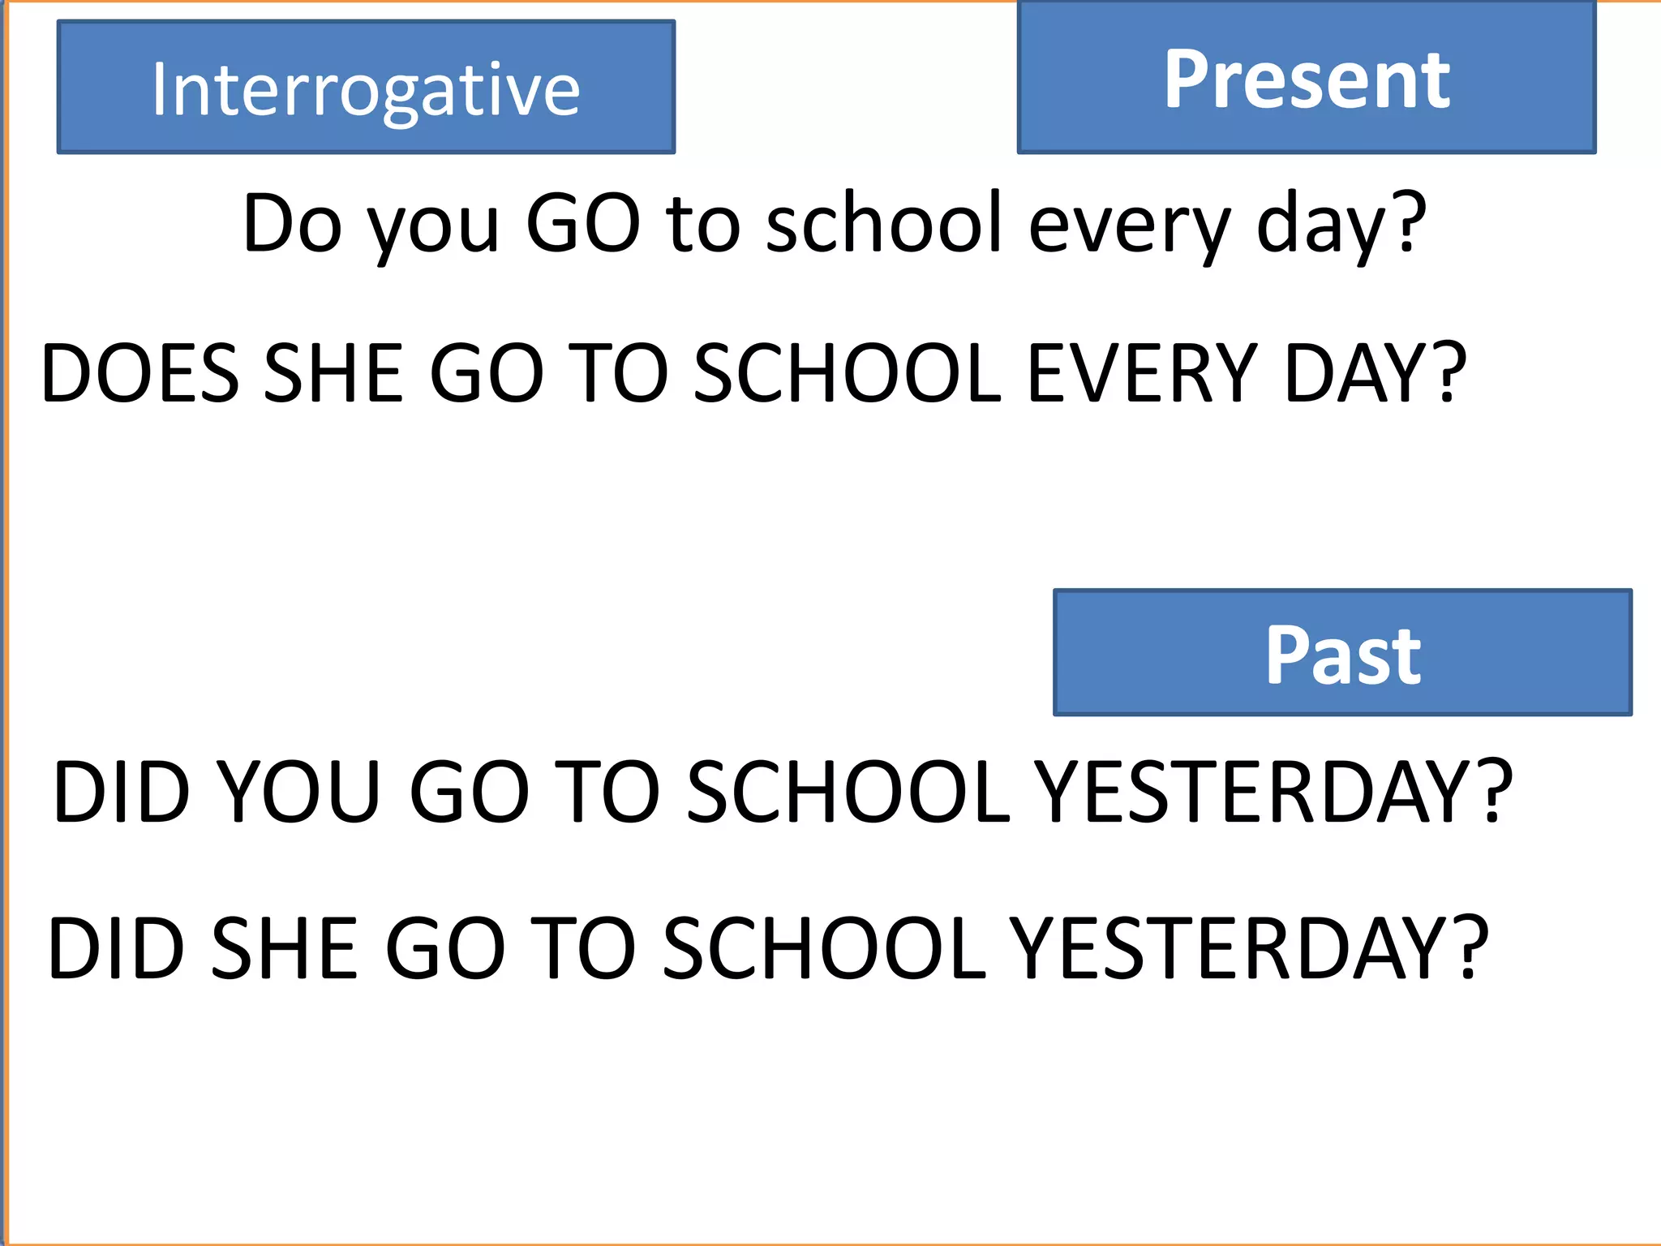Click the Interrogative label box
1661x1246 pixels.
(x=366, y=88)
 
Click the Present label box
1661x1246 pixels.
(x=1307, y=79)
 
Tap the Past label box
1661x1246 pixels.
(x=1342, y=654)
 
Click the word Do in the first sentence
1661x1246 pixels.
(x=292, y=223)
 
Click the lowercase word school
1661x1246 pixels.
(x=885, y=223)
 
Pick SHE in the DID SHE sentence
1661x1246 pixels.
(x=284, y=948)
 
